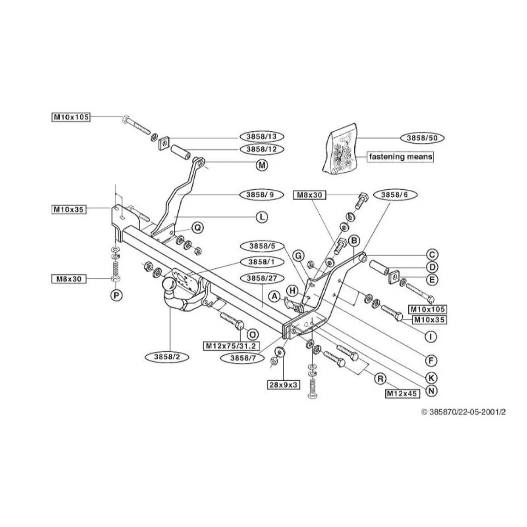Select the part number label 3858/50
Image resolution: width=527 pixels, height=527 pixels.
pyautogui.click(x=422, y=138)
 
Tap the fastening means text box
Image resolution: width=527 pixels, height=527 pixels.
pyautogui.click(x=401, y=157)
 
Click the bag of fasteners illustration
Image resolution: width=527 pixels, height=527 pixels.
pyautogui.click(x=340, y=148)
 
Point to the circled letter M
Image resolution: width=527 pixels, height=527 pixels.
pyautogui.click(x=262, y=165)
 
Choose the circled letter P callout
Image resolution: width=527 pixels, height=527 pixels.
pyautogui.click(x=116, y=296)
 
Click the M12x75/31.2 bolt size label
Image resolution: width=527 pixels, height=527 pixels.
pyautogui.click(x=231, y=346)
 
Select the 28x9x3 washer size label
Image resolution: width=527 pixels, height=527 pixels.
pyautogui.click(x=283, y=385)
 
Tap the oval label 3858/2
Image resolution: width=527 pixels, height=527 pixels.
pyautogui.click(x=167, y=357)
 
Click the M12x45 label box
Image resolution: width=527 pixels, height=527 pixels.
pyautogui.click(x=402, y=394)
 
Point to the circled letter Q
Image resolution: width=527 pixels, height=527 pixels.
pyautogui.click(x=198, y=227)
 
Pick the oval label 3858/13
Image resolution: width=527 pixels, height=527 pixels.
pyautogui.click(x=261, y=137)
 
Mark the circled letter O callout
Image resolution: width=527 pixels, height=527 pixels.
pyautogui.click(x=252, y=335)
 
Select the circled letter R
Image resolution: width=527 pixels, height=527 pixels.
pyautogui.click(x=380, y=379)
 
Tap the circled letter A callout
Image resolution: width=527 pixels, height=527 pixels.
pyautogui.click(x=274, y=296)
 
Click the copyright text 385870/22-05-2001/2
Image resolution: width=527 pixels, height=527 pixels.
pyautogui.click(x=464, y=412)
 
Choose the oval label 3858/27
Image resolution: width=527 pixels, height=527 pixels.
pyautogui.click(x=262, y=278)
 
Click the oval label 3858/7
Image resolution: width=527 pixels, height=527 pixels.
pyautogui.click(x=243, y=358)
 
